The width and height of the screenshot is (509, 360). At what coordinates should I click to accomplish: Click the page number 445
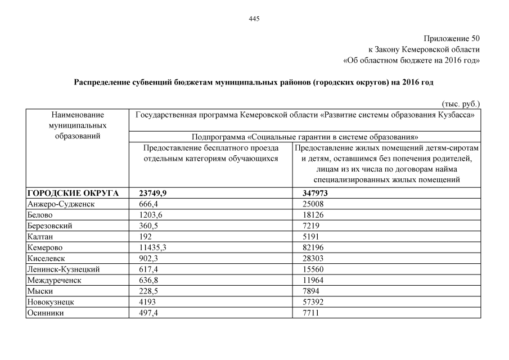(254, 19)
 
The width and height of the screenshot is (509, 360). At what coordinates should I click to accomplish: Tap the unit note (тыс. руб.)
(461, 104)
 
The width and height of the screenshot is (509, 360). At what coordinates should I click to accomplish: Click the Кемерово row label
(44, 247)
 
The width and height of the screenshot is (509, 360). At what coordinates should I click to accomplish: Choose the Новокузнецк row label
(50, 302)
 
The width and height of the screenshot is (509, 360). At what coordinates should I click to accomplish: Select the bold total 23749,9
(152, 193)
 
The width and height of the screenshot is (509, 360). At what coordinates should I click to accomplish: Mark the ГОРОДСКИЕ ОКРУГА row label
(73, 193)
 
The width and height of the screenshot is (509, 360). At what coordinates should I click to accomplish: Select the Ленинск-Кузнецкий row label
(63, 269)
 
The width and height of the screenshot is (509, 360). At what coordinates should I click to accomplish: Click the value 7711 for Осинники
(310, 313)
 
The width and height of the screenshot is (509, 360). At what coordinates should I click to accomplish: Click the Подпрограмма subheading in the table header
(304, 137)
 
